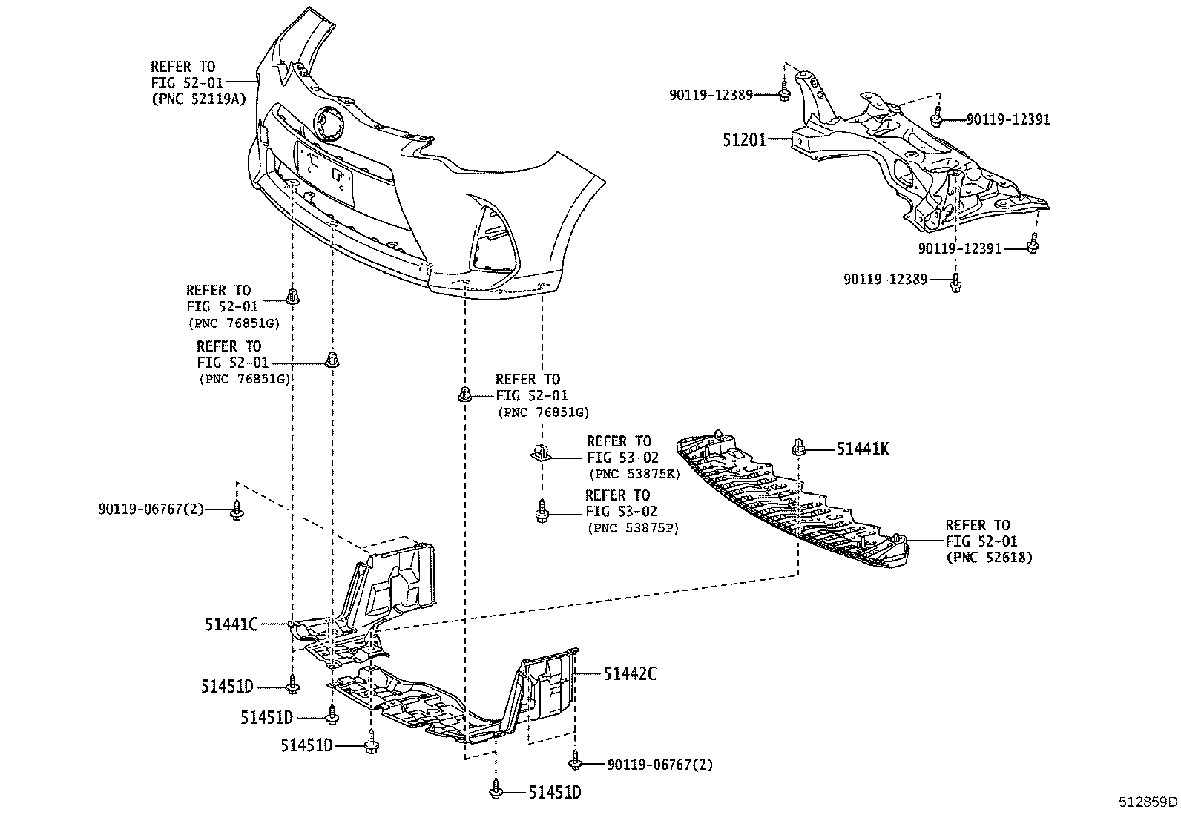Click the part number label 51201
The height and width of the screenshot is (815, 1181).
click(744, 139)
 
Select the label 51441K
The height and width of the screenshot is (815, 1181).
click(862, 449)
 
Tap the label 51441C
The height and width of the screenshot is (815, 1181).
click(231, 625)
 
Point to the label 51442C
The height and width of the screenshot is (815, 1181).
click(629, 674)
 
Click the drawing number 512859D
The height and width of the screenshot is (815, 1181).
click(1148, 802)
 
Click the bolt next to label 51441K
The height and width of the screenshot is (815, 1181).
click(799, 447)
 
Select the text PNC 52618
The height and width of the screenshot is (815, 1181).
click(989, 558)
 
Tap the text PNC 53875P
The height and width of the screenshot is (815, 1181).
click(633, 528)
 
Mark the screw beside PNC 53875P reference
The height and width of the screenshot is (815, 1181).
click(541, 512)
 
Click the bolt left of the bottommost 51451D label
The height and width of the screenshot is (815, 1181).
click(496, 791)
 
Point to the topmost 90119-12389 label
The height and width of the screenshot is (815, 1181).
click(711, 95)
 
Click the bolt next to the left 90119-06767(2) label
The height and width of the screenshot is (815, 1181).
click(236, 510)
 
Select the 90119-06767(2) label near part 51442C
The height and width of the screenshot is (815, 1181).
click(659, 765)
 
